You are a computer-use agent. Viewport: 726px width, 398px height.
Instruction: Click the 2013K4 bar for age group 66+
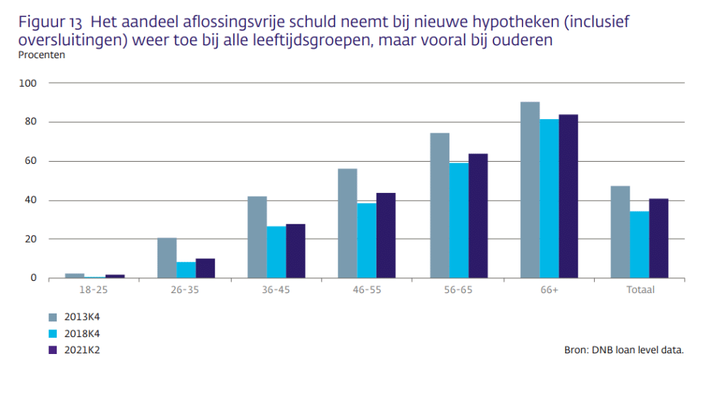pos(530,190)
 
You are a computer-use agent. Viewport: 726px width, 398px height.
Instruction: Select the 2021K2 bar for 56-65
pos(478,216)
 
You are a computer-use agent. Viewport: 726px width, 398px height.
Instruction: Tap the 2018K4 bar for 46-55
pos(367,241)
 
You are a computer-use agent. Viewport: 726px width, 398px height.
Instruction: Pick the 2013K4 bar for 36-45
pos(257,237)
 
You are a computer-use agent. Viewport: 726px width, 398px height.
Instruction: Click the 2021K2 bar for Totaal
pos(659,238)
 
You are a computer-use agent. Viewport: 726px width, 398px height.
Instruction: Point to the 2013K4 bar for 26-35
pos(167,258)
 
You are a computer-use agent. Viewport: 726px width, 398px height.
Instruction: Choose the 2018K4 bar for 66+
pos(549,199)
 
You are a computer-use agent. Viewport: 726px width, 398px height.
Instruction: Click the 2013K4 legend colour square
pos(53,316)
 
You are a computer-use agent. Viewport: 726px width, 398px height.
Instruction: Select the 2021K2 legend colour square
pos(53,349)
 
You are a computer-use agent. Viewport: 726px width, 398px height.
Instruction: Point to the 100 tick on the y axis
pos(28,83)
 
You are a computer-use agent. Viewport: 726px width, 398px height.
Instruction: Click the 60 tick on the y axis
pos(31,161)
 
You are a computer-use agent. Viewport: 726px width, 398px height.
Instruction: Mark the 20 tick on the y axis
pos(31,239)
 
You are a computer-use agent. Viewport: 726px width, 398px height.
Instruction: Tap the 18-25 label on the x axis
pos(94,290)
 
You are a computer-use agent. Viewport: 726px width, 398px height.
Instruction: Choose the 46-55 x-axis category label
pos(367,290)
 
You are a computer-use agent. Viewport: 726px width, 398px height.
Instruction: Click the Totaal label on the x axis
pos(640,290)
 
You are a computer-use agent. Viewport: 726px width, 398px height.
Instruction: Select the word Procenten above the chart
pos(41,55)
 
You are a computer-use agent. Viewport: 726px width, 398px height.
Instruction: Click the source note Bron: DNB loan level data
pos(624,350)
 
